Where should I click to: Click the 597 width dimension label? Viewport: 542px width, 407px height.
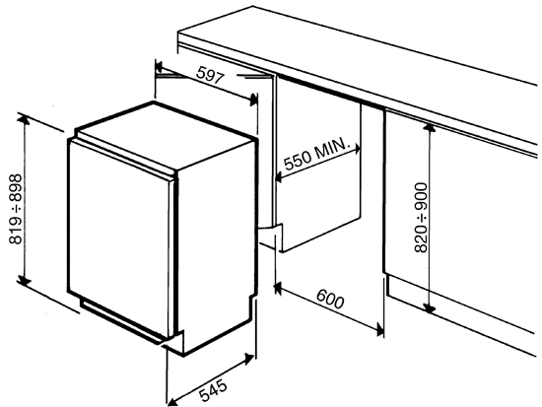pos(210,75)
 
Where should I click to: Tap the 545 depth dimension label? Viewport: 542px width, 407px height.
pos(214,391)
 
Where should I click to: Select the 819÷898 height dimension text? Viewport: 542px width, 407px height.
pos(16,209)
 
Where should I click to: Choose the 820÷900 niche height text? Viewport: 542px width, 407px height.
pos(421,217)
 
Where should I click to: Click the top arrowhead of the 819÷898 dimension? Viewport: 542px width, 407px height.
pos(24,119)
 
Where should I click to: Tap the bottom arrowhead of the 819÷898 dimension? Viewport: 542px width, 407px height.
pos(24,281)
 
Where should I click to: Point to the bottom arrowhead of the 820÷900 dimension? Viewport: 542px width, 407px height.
pos(429,307)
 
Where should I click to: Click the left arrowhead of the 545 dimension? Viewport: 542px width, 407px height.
pos(171,402)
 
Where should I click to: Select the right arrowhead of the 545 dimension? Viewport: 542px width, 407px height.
pos(249,359)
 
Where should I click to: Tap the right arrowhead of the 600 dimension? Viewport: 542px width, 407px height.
pos(379,330)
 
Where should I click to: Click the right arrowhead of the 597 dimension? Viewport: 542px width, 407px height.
pos(254,100)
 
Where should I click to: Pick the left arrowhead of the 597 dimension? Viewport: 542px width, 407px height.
pos(160,66)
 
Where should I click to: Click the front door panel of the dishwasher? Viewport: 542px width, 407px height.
pos(118,238)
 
